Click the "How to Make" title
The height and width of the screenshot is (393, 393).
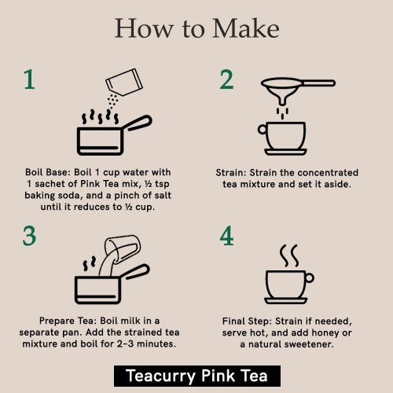click(x=196, y=29)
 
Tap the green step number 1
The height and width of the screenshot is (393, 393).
click(x=29, y=80)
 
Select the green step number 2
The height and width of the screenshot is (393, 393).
click(x=226, y=80)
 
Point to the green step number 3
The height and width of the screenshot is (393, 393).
click(x=29, y=237)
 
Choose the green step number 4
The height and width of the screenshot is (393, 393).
click(x=227, y=237)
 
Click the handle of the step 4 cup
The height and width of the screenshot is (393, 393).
click(x=309, y=277)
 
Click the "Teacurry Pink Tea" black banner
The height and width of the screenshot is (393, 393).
click(x=196, y=375)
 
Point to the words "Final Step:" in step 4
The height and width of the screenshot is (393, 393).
click(x=252, y=321)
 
